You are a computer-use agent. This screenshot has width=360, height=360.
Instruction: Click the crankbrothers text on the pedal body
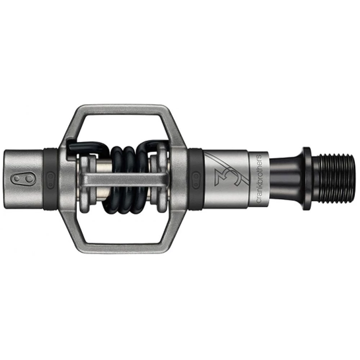click(259, 179)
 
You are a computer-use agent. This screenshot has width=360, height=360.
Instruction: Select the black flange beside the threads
click(307, 179)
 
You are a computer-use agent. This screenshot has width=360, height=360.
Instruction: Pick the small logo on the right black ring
click(195, 180)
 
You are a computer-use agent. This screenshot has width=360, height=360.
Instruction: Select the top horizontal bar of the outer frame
click(123, 110)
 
